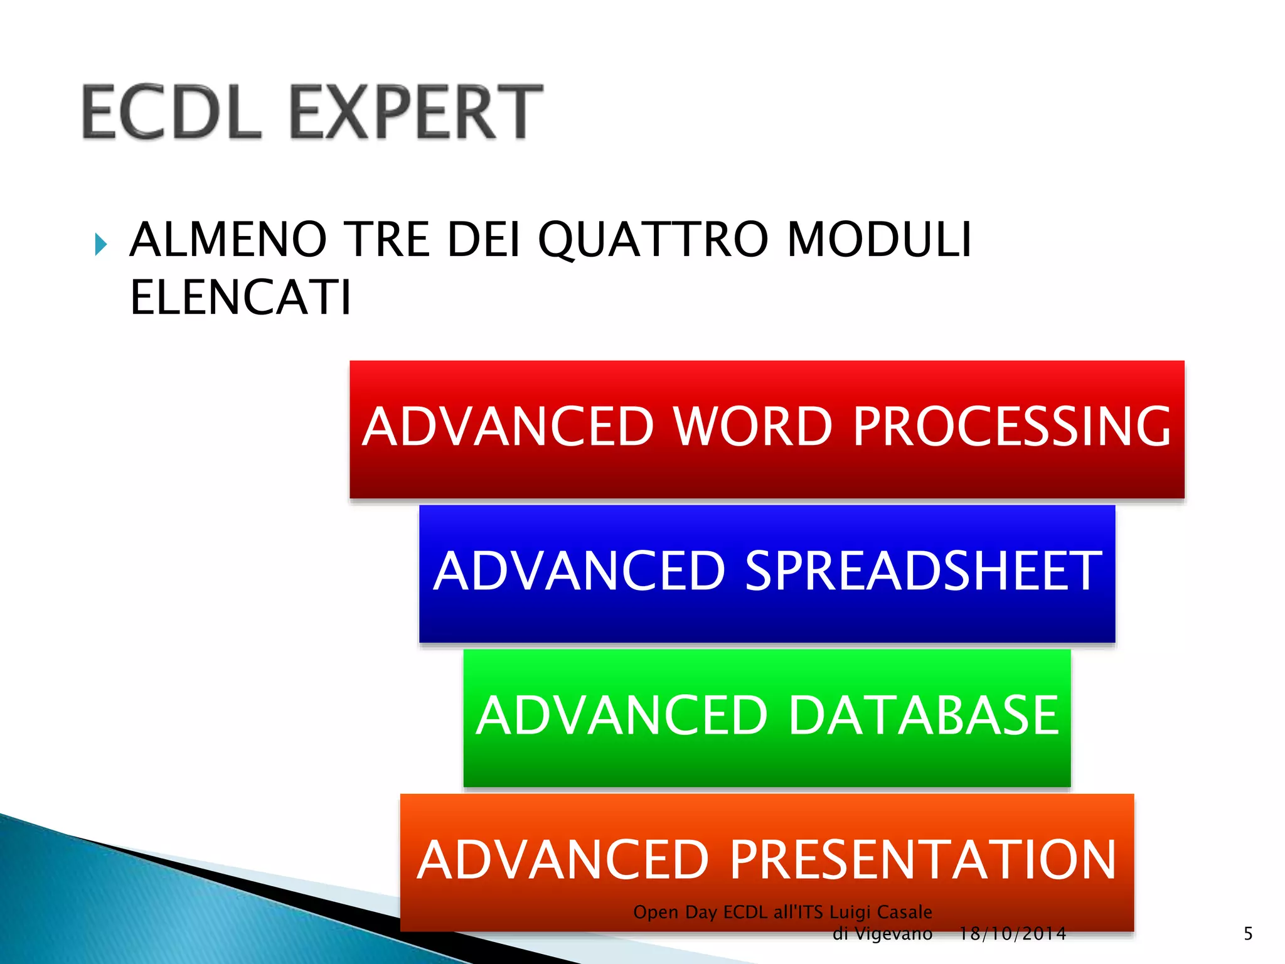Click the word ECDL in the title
171,112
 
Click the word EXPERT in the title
417,112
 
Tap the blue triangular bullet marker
100,244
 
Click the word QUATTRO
653,240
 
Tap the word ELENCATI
240,297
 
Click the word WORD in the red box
753,427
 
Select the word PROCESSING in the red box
1011,427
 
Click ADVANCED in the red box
508,427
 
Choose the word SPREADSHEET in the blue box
922,571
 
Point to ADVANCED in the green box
621,715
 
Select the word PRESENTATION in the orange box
922,860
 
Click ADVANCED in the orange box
563,860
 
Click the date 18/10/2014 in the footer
1012,934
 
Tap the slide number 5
1248,934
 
